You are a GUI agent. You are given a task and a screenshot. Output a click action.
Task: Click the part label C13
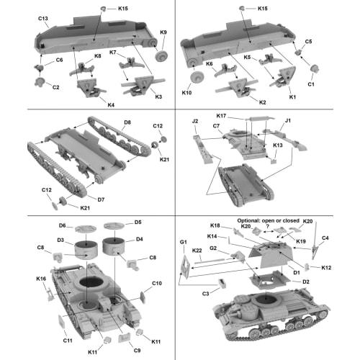(x=42, y=17)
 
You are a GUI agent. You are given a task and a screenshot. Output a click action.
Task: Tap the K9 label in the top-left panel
(x=163, y=33)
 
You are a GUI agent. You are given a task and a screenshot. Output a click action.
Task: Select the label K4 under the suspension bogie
(x=110, y=104)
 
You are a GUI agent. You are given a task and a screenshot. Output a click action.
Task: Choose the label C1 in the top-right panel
(x=310, y=84)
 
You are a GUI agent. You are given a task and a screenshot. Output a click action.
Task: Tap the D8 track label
(x=127, y=122)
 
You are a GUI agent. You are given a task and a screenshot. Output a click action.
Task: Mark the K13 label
(x=277, y=145)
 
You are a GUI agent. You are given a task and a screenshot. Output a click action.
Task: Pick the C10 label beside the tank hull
(x=157, y=284)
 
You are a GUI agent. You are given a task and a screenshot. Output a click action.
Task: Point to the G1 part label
(x=183, y=241)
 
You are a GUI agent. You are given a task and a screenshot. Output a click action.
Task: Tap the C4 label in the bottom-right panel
(x=325, y=238)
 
